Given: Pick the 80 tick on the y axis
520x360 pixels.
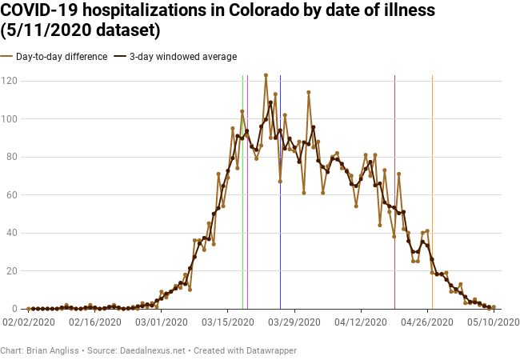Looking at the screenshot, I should pyautogui.click(x=13, y=157).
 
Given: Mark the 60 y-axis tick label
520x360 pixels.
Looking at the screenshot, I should pyautogui.click(x=13, y=194).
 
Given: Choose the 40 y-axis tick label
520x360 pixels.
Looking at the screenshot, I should pyautogui.click(x=13, y=233).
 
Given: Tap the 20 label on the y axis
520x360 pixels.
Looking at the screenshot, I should pyautogui.click(x=13, y=270).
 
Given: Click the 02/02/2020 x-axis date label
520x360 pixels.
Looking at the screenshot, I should pyautogui.click(x=29, y=322).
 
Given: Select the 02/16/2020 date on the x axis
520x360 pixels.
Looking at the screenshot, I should pyautogui.click(x=95, y=322).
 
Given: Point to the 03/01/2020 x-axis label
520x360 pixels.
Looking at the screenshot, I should pyautogui.click(x=162, y=322).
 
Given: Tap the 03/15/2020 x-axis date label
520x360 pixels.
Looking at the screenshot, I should pyautogui.click(x=228, y=322).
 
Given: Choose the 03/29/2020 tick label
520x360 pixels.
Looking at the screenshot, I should pyautogui.click(x=295, y=322).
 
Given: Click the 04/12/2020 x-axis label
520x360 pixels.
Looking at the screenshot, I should pyautogui.click(x=362, y=322).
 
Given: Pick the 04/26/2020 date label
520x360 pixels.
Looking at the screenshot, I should pyautogui.click(x=428, y=322).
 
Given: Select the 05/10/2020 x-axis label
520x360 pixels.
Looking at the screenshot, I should pyautogui.click(x=494, y=322).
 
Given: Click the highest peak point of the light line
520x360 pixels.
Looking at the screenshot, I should pyautogui.click(x=266, y=75).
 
